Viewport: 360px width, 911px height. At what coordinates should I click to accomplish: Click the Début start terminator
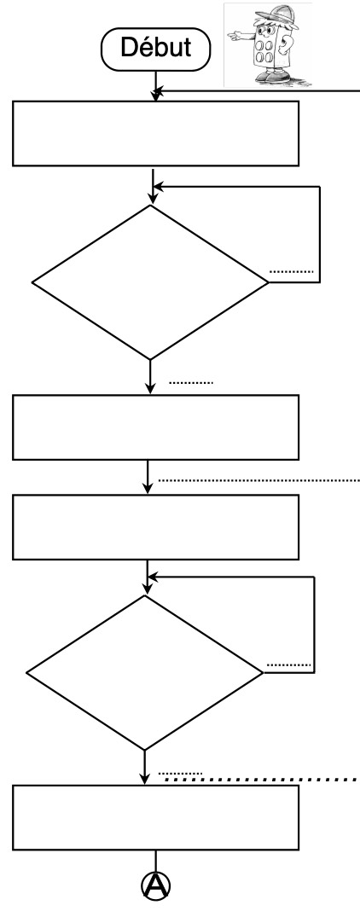pos(155,49)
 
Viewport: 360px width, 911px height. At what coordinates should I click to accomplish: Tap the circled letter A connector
pos(156,885)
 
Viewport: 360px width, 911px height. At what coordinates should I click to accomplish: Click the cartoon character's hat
pos(280,17)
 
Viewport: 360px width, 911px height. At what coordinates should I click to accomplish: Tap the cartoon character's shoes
pos(272,78)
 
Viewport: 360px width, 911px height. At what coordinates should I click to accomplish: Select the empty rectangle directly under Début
pos(155,134)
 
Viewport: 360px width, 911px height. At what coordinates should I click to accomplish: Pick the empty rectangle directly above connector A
pos(155,817)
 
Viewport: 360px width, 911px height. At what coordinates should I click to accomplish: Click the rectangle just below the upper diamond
pos(155,427)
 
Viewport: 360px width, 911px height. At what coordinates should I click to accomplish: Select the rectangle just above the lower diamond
pos(155,527)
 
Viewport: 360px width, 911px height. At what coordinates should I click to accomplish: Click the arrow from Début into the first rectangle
pos(155,86)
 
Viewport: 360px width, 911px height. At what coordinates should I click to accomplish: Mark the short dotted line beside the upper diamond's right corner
pos(292,272)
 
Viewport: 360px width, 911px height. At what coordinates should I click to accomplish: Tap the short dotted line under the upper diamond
pos(191,384)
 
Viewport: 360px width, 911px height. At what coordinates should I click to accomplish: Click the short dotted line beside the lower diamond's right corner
pos(288,664)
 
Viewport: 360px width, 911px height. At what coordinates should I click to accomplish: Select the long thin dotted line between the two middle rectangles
pos(259,481)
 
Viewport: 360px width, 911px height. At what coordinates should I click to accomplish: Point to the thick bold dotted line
pos(261,779)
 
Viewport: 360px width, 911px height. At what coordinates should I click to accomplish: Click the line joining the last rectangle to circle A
pos(155,861)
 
